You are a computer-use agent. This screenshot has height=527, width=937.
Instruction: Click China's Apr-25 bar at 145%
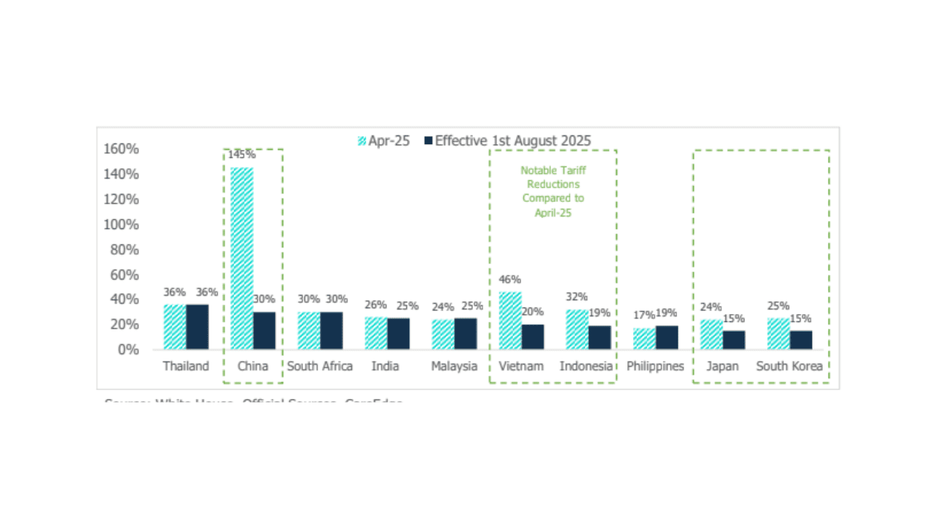click(242, 258)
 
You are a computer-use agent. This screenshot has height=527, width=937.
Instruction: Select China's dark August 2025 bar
click(264, 331)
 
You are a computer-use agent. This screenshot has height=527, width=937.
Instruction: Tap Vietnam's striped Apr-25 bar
click(510, 321)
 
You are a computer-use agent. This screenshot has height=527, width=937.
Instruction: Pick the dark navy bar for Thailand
click(197, 326)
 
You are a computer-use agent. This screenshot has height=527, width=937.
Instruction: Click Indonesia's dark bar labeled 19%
click(600, 337)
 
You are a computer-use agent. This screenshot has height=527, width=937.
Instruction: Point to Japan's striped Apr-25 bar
click(712, 334)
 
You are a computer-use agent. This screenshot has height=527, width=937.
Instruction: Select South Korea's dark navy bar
click(801, 340)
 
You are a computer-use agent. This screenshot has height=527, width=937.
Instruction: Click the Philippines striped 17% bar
click(644, 339)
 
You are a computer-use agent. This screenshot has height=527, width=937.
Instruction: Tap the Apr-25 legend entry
click(384, 141)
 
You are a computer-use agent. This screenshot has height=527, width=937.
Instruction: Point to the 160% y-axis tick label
click(121, 149)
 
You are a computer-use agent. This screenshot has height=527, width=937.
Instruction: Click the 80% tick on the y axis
click(124, 250)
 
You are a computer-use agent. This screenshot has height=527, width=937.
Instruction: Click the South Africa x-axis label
click(320, 366)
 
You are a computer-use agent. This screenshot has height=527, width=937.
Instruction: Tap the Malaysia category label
click(454, 366)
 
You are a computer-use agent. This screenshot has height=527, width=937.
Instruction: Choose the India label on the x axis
click(385, 366)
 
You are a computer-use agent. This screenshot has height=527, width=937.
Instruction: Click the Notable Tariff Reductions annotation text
click(553, 191)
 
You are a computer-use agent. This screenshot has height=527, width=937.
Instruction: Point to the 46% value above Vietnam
click(510, 280)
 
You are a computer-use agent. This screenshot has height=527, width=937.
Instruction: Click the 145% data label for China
click(242, 155)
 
